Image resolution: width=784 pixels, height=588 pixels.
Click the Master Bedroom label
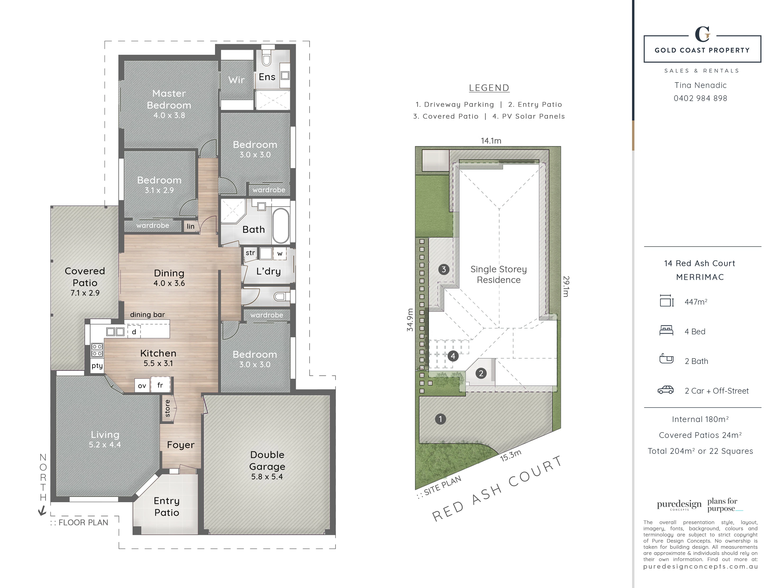click(x=169, y=99)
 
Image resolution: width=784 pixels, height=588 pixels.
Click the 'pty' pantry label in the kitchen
click(x=97, y=366)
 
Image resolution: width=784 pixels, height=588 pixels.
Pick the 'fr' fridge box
click(x=160, y=385)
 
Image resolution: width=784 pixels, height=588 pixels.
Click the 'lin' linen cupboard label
click(x=191, y=226)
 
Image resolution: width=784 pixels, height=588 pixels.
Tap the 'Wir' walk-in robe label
click(x=236, y=80)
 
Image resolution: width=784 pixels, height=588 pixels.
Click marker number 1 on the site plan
click(x=440, y=419)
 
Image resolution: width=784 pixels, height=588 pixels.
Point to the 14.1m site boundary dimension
click(x=491, y=141)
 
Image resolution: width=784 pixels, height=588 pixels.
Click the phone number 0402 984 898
click(x=700, y=98)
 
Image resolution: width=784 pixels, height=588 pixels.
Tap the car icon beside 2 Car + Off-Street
click(x=666, y=390)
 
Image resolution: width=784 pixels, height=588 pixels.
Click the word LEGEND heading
click(x=489, y=87)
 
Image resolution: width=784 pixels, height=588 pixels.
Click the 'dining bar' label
click(x=147, y=314)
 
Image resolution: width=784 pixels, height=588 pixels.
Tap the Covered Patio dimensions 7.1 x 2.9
click(x=85, y=293)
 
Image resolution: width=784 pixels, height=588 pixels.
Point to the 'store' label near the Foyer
click(x=168, y=408)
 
